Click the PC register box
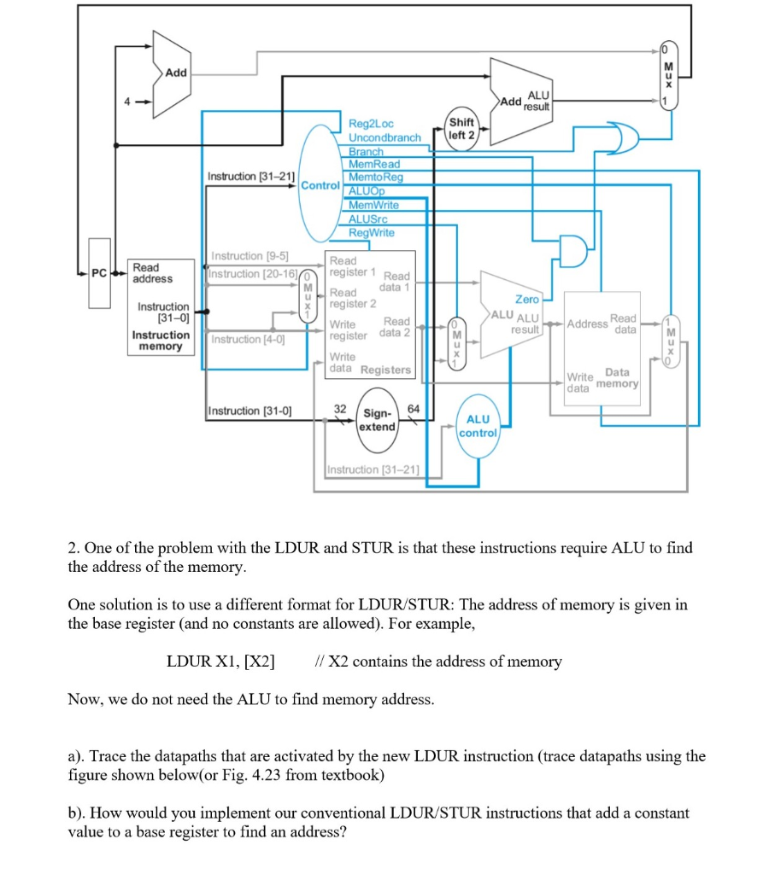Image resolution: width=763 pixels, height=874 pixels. [100, 275]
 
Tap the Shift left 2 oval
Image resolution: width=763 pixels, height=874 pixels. [461, 129]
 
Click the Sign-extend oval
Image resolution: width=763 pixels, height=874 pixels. [376, 418]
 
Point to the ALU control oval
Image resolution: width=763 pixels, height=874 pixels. [478, 425]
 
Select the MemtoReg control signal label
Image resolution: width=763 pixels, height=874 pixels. [375, 177]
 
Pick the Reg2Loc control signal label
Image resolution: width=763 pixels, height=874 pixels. [371, 125]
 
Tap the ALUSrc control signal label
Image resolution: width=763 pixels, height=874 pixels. [368, 218]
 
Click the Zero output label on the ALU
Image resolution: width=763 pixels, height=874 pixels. [526, 299]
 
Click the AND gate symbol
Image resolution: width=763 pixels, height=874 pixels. [571, 249]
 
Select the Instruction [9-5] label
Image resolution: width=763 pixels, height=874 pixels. [249, 256]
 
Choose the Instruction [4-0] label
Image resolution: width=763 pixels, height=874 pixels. [248, 340]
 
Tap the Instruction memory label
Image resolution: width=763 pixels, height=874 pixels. [161, 341]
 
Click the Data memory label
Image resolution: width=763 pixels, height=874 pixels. [617, 378]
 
